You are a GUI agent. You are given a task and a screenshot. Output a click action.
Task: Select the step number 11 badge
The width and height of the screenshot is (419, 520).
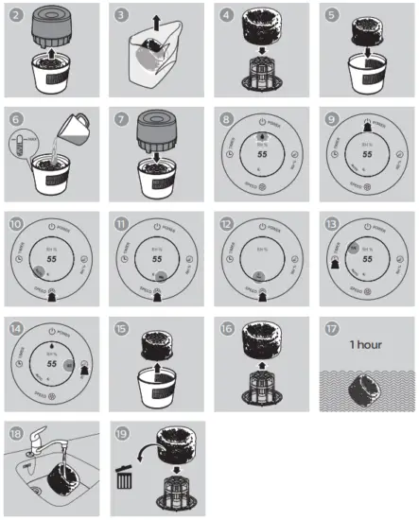pyautogui.click(x=121, y=223)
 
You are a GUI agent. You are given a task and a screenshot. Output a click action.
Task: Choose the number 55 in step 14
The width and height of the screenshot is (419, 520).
pyautogui.click(x=52, y=362)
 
